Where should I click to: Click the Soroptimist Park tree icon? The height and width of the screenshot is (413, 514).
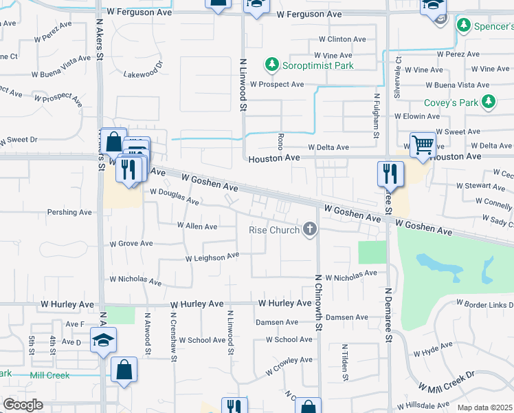(272, 65)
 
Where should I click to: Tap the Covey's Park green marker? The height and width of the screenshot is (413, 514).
(489, 103)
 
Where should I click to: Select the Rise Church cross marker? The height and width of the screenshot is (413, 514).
(311, 229)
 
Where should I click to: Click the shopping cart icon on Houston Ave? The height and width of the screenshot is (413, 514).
(423, 145)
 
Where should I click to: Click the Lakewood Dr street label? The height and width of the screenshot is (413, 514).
(143, 70)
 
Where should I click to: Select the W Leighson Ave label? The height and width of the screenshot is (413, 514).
(212, 257)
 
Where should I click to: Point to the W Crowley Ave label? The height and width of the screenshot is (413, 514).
(289, 363)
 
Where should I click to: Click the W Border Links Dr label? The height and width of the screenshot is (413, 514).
(484, 304)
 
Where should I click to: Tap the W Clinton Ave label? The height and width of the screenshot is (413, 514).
(342, 39)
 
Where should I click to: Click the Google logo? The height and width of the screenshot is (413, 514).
(23, 405)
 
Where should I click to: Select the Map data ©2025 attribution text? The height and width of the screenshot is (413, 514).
(485, 407)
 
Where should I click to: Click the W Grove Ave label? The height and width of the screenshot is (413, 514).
(131, 243)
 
